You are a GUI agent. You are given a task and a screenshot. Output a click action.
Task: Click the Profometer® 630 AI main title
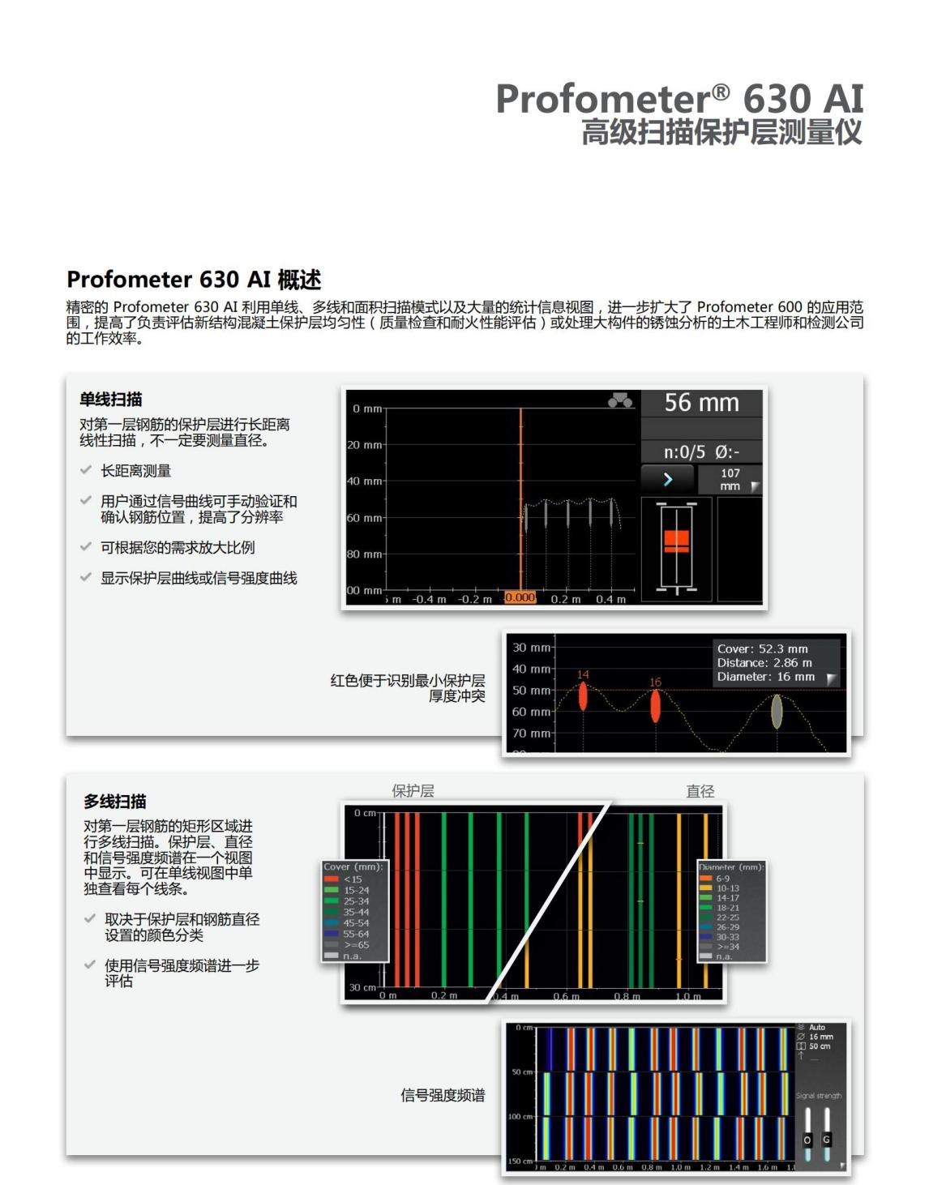point(679,99)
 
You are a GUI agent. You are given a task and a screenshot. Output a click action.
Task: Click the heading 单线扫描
point(110,399)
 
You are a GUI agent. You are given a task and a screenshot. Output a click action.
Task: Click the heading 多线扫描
point(114,801)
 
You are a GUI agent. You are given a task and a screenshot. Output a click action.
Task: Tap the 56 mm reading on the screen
point(701,403)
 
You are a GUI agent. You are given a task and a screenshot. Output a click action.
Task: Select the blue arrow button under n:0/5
point(667,479)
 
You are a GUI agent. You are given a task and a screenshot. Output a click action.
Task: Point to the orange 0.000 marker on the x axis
point(520,597)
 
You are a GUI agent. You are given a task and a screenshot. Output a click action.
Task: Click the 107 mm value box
point(730,479)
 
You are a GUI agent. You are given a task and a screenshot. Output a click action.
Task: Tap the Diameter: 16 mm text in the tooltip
point(765,677)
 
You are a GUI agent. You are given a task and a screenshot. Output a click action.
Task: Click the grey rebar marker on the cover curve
point(777,711)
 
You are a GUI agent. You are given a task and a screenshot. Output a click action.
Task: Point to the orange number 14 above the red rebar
point(583,674)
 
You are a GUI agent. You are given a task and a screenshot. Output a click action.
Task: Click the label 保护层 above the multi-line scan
point(413,791)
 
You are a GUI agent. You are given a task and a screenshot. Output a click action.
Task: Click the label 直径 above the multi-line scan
point(700,791)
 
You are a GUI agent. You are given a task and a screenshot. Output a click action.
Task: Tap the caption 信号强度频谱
point(443,1095)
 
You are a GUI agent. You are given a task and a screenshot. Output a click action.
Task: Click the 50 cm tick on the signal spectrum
point(521,1072)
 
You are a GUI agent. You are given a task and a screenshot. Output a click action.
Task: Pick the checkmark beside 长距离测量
point(85,470)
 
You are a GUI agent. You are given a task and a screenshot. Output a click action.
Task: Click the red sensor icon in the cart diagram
point(676,541)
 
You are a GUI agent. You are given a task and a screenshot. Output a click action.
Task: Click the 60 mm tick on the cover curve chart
point(531,712)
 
